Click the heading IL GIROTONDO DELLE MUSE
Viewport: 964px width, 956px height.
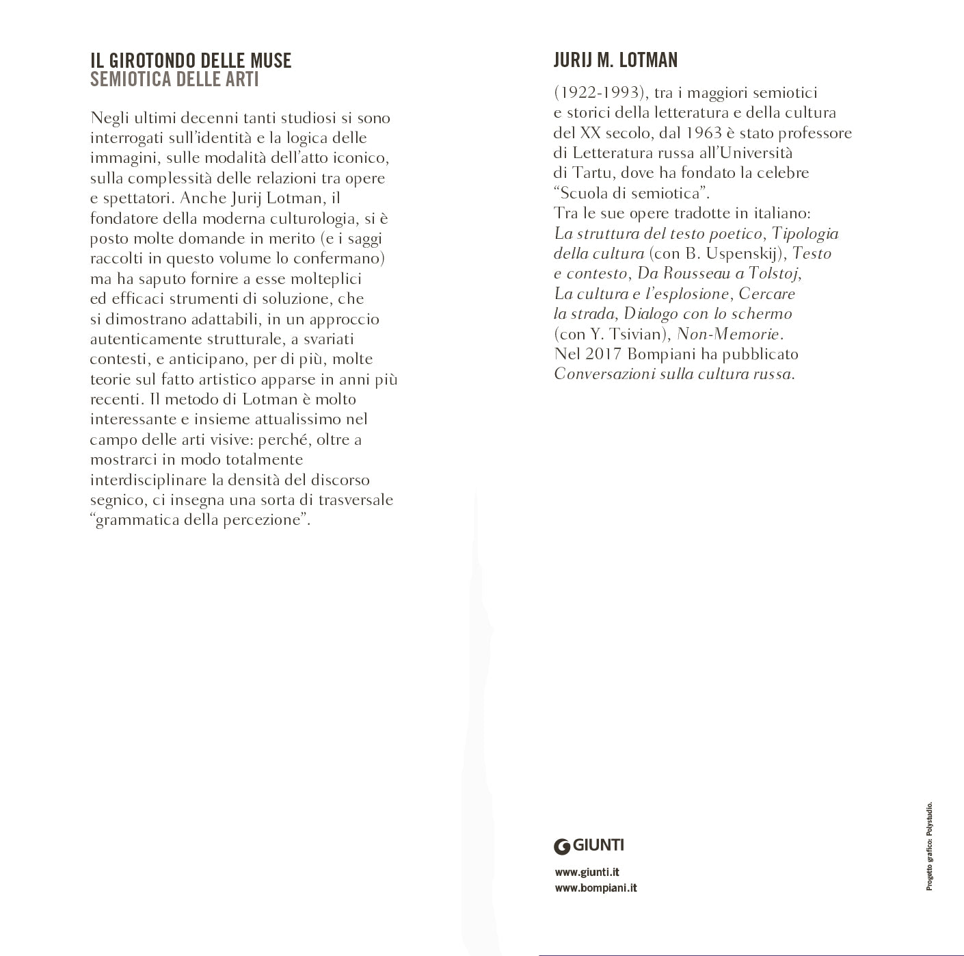click(x=191, y=61)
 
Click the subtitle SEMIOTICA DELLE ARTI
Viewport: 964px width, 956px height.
click(x=174, y=79)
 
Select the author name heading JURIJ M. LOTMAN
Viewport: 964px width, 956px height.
click(x=615, y=61)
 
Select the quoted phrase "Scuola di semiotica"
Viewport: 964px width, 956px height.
click(x=632, y=193)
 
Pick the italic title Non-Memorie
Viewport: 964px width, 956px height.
click(x=729, y=335)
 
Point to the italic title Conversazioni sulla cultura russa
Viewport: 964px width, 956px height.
click(x=674, y=374)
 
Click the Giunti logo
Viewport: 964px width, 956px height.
click(x=589, y=845)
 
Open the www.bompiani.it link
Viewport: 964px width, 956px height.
click(x=595, y=888)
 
